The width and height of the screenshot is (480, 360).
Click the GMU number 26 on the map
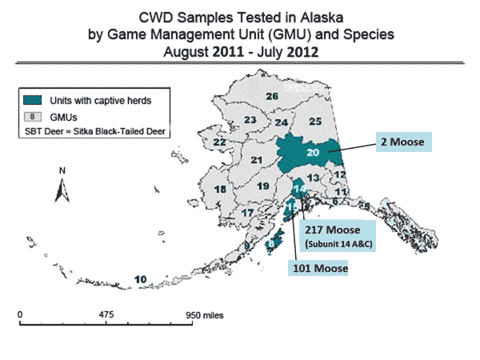(271, 97)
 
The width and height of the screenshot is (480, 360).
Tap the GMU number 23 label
(250, 121)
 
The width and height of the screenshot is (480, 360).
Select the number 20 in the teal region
(313, 152)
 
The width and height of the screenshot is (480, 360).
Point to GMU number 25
(315, 122)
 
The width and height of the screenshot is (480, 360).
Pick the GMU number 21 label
(256, 161)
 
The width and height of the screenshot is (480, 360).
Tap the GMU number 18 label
(220, 190)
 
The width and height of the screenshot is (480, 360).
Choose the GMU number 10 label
(140, 278)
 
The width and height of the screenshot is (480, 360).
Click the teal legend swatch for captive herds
(34, 100)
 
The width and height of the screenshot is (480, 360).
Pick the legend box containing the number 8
(34, 115)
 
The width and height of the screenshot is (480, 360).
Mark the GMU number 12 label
(340, 174)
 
